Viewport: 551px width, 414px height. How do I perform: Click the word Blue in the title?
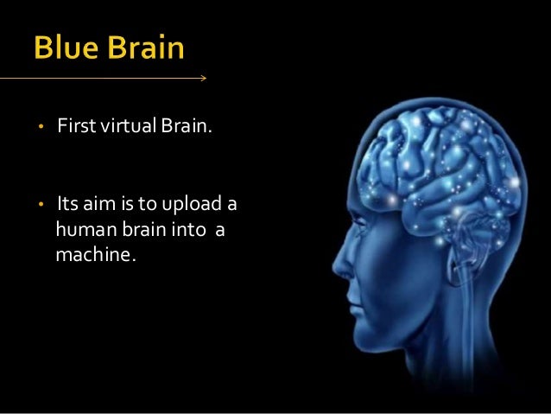68,48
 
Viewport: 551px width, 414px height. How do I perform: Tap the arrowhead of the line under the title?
203,79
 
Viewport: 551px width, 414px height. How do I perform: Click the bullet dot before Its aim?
39,207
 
